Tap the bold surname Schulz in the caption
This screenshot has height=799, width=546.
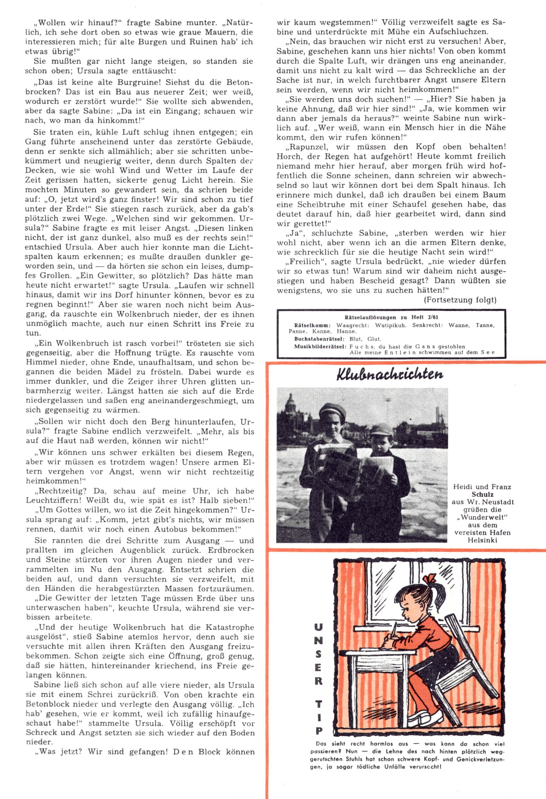(x=483, y=495)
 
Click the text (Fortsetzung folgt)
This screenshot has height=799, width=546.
(x=460, y=300)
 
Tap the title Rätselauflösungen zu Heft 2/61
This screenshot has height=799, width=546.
(x=391, y=318)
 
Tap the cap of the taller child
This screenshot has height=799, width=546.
(x=333, y=410)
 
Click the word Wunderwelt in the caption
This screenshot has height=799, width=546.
(x=483, y=517)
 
